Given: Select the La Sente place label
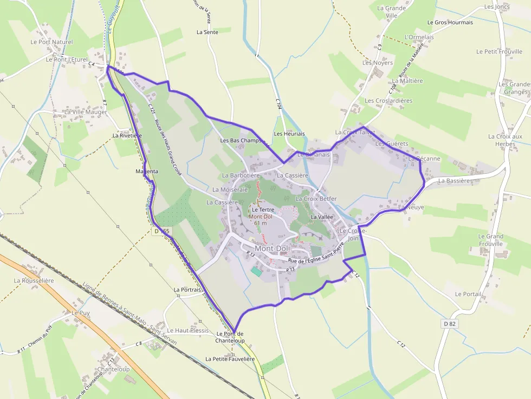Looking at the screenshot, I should (207, 32).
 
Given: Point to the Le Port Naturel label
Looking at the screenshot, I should (51, 42).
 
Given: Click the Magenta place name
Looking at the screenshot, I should (147, 171).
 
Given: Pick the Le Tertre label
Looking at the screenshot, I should (263, 210).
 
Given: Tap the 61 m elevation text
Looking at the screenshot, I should (261, 223).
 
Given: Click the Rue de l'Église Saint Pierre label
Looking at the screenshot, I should (317, 260).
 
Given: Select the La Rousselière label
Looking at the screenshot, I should (34, 280).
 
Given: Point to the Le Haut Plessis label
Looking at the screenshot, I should (187, 330).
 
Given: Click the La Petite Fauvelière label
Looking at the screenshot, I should (230, 359).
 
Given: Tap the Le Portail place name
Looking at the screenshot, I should (468, 294).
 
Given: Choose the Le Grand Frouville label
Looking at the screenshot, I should (490, 240).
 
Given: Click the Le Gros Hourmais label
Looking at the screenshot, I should (450, 22).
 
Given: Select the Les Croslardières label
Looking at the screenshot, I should (388, 101).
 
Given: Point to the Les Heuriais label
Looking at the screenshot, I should (289, 134).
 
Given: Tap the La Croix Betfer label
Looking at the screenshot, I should (316, 199).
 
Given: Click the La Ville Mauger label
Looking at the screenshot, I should (86, 112).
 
